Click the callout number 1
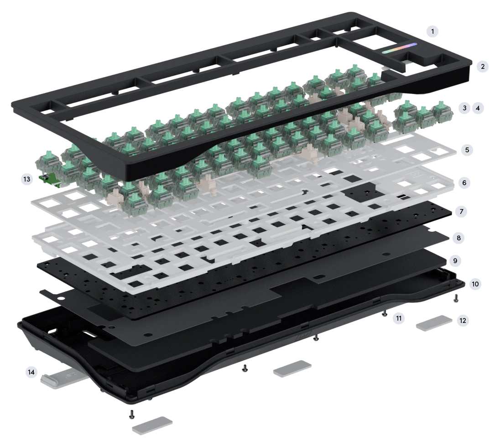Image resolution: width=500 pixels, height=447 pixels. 432,31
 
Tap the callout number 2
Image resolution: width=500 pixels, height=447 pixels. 483,66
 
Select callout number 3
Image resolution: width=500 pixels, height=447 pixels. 464,108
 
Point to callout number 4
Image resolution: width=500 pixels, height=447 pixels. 478,108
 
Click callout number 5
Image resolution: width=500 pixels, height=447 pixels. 467,150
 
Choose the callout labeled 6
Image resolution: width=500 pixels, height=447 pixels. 464,183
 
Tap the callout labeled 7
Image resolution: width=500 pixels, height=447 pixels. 461,211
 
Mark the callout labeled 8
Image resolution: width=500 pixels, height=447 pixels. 458,238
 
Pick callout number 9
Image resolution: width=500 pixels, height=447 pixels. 455,261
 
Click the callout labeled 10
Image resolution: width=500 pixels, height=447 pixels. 475,284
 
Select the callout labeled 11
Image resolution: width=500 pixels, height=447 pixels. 399,318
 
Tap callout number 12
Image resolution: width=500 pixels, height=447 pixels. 463,320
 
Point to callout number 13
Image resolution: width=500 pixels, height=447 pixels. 27,179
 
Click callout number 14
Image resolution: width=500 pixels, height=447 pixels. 31,372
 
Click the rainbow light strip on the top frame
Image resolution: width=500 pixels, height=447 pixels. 400,48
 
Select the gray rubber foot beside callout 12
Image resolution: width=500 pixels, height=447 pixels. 434,323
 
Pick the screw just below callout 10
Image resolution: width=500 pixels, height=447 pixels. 456,298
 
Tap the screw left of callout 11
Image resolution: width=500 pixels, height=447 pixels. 385,314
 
